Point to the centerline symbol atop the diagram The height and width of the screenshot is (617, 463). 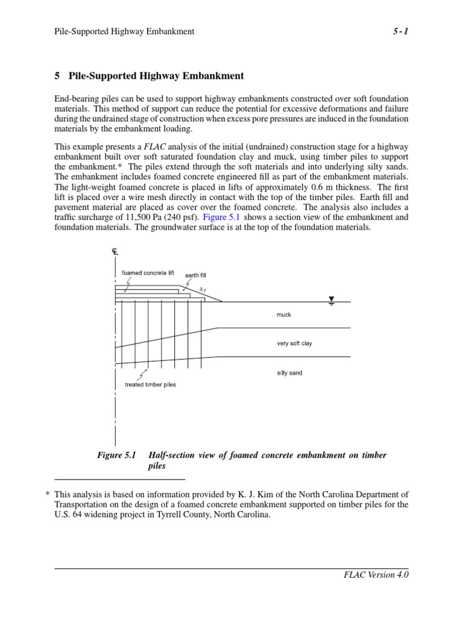point(115,251)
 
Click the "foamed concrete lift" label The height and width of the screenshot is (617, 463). point(148,273)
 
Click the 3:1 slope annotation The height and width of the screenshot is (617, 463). point(203,290)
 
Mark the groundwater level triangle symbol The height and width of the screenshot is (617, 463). point(331,299)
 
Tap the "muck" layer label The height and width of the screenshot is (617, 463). point(283,315)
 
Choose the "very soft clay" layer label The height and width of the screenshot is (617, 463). point(294,343)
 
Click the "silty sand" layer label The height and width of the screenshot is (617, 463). point(289,373)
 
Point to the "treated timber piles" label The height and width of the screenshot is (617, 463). point(150,384)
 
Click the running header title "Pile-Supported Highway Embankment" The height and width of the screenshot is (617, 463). point(124,31)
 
